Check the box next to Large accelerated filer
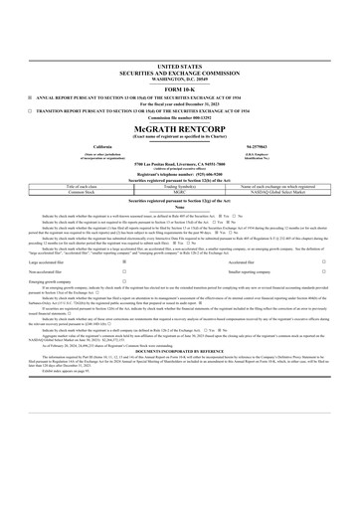124,262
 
